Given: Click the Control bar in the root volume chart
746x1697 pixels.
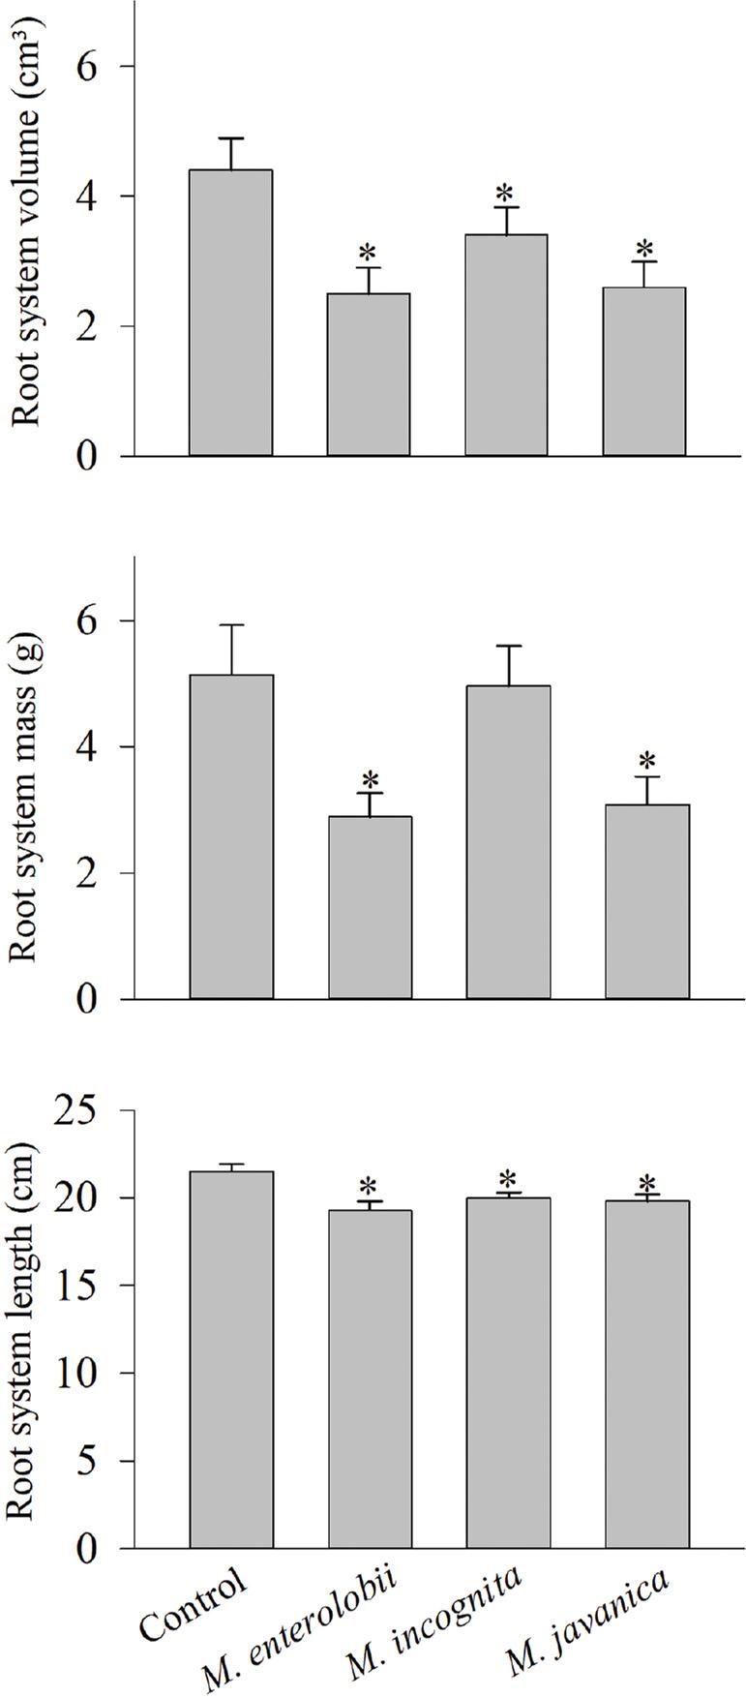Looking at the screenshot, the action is pyautogui.click(x=230, y=313).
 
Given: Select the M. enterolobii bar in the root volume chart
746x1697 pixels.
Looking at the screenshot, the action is pyautogui.click(x=368, y=375).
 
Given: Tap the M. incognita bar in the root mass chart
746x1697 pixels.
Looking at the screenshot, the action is pyautogui.click(x=508, y=842).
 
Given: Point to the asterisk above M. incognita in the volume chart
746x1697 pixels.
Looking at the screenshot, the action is pyautogui.click(x=507, y=192).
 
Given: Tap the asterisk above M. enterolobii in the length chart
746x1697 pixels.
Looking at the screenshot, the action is pyautogui.click(x=369, y=1186).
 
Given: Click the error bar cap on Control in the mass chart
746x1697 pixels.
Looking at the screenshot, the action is pyautogui.click(x=230, y=625).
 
